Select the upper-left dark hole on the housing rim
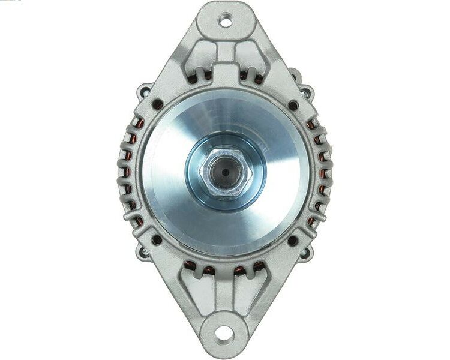click(157, 104)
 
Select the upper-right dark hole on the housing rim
click(293, 105)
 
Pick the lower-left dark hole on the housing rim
click(157, 240)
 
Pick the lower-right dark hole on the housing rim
click(293, 241)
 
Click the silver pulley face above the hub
click(225, 117)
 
